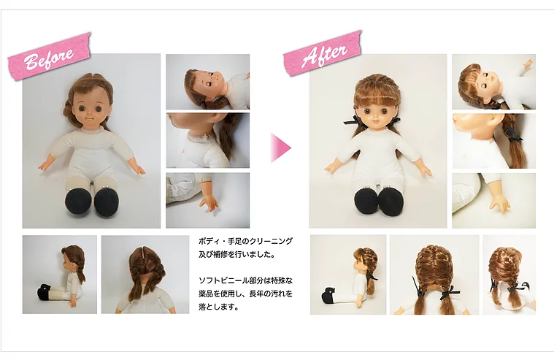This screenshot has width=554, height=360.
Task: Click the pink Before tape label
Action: (x=50, y=56)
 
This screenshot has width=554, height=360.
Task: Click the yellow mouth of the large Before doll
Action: (x=91, y=119)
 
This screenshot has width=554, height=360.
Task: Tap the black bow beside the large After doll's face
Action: (x=351, y=120)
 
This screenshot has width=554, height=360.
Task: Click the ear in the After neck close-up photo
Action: (x=496, y=121)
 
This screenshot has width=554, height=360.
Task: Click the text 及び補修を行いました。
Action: (x=236, y=254)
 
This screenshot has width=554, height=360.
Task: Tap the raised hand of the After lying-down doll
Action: (x=528, y=64)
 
